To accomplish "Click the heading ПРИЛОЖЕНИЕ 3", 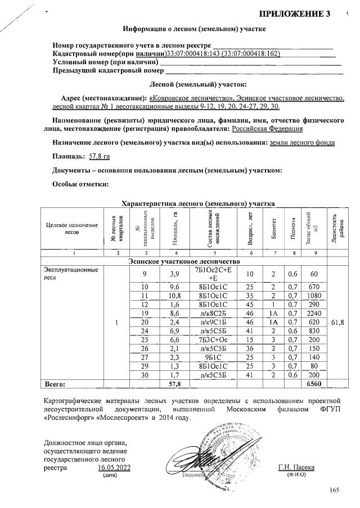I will click(294, 13).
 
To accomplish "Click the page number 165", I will click(335, 491).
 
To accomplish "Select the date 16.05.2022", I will click(114, 467).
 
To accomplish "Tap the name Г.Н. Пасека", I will click(296, 467).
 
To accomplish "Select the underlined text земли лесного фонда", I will click(302, 143).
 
